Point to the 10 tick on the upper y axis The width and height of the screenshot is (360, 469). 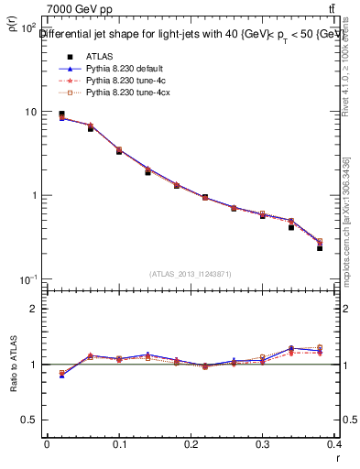coord(30,112)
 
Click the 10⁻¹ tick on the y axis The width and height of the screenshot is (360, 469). coord(28,278)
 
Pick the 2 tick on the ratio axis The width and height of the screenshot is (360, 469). coord(34,309)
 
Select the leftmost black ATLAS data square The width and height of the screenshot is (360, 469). coord(61,115)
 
